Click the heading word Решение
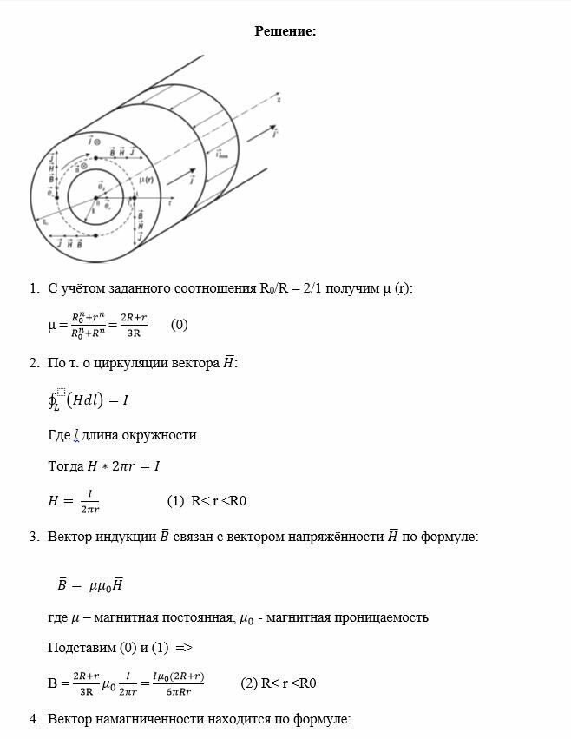pos(285,31)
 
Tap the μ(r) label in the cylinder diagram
pos(144,180)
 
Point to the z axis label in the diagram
pos(279,100)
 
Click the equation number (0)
pos(179,325)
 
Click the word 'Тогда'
pos(66,466)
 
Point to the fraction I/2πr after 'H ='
pos(89,501)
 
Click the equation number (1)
pos(175,501)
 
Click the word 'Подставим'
pos(79,648)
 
